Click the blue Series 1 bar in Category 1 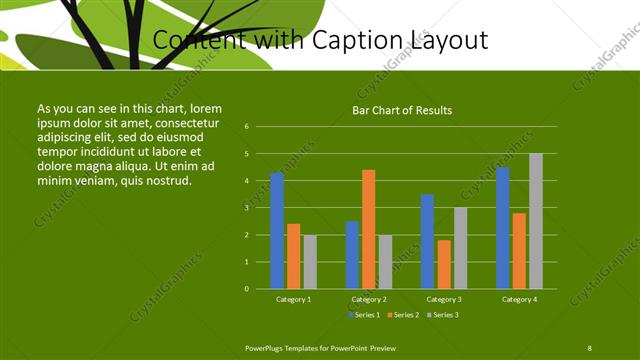click(x=277, y=231)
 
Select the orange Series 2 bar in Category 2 click(x=368, y=229)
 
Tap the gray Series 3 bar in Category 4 click(x=536, y=221)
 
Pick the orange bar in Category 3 click(x=443, y=264)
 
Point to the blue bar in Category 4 click(x=502, y=228)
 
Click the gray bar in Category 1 click(x=310, y=262)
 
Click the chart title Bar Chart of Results click(x=402, y=110)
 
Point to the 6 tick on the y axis click(x=246, y=127)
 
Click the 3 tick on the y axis click(x=246, y=208)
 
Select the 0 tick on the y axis click(x=246, y=289)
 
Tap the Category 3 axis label click(x=443, y=299)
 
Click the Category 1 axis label click(x=293, y=299)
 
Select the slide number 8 click(x=589, y=347)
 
